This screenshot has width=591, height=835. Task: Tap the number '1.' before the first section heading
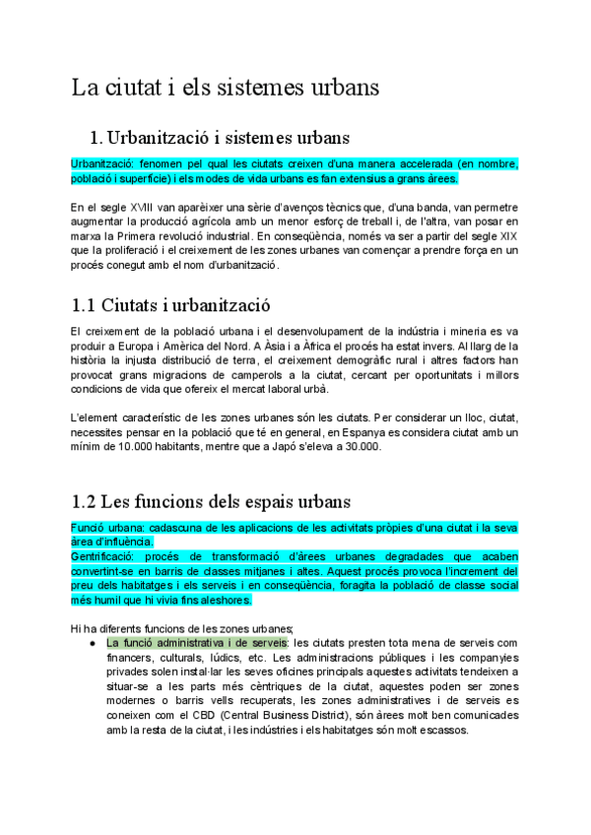(97, 136)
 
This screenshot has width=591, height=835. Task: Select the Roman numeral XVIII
(144, 208)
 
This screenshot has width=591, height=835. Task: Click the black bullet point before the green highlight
(92, 643)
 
